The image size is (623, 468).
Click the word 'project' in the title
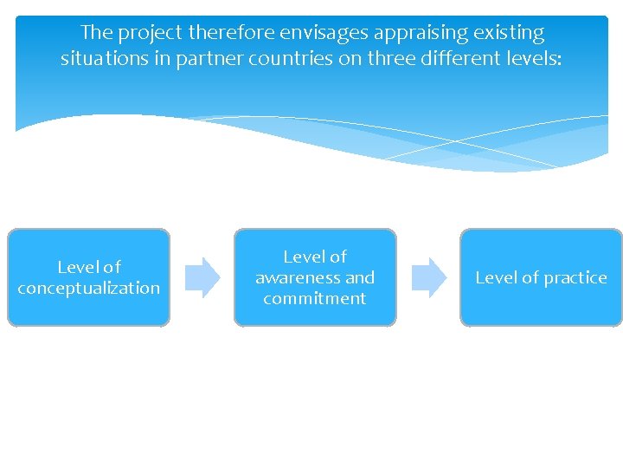click(149, 34)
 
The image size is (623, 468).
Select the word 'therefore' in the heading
click(228, 33)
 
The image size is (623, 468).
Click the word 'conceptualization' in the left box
click(89, 288)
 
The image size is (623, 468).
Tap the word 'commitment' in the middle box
click(315, 298)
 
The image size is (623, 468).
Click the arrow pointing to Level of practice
click(428, 277)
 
